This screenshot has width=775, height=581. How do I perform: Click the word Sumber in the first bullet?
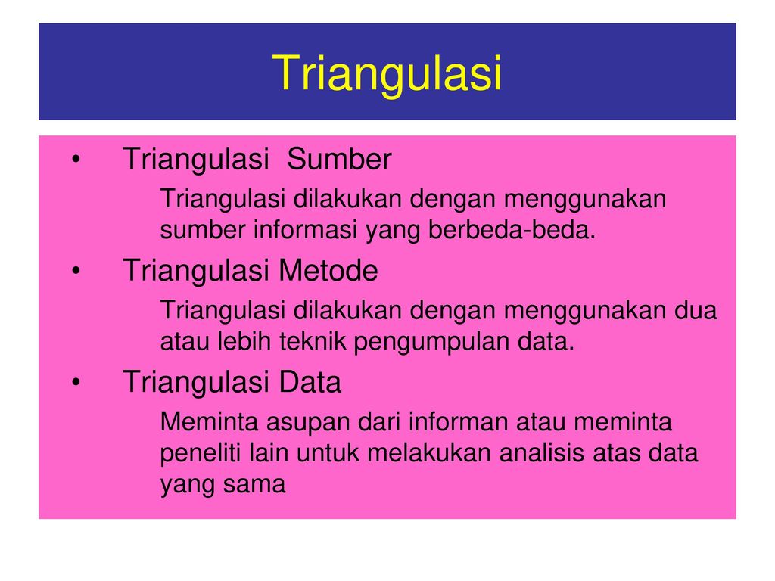coord(339,159)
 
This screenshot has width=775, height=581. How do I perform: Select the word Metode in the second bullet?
coord(328,271)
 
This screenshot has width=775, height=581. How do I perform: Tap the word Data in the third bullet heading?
coord(310,382)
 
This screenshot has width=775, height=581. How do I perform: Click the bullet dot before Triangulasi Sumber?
coord(76,159)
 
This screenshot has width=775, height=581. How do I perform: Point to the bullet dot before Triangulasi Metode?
coord(76,271)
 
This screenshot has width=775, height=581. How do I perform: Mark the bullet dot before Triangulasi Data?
coord(76,382)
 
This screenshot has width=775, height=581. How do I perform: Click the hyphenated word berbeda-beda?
coord(512,230)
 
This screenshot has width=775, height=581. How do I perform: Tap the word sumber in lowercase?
coord(203,230)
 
